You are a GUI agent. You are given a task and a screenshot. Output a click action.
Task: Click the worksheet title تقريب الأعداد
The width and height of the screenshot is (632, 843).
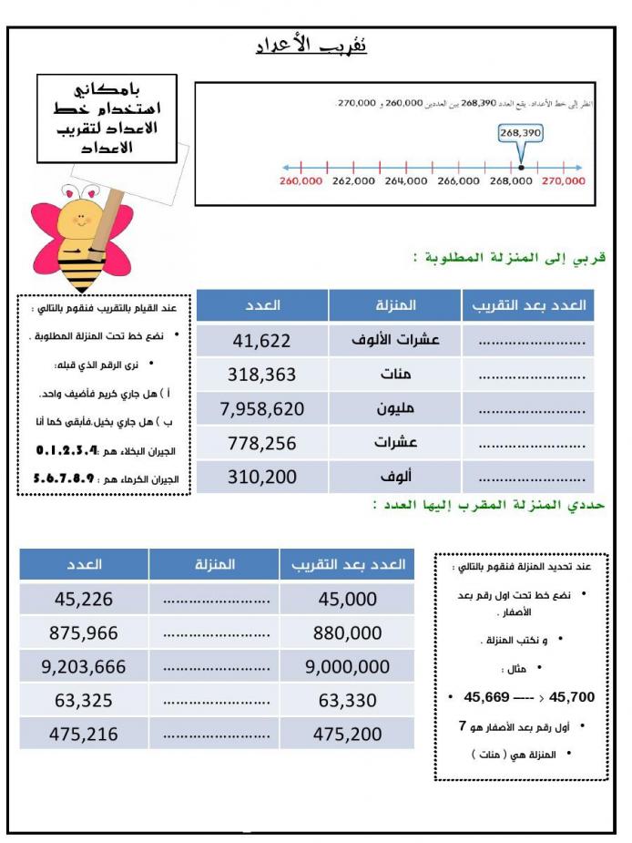click(311, 46)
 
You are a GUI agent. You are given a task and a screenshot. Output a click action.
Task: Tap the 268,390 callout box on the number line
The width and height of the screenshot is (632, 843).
click(520, 133)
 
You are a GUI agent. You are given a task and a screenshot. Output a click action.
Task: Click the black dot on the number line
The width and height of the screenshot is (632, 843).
click(520, 168)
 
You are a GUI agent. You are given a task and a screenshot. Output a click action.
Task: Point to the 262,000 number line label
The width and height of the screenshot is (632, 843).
click(353, 181)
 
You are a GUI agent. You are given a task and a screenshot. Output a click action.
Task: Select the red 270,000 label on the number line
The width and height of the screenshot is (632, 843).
click(563, 181)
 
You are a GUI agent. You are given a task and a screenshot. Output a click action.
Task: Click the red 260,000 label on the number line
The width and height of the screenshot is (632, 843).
click(301, 181)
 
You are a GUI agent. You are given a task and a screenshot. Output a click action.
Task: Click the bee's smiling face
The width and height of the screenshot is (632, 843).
click(83, 220)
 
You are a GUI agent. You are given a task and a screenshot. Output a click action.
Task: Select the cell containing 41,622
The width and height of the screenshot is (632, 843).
click(261, 341)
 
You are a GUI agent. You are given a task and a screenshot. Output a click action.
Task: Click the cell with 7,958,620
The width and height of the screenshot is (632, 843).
click(261, 409)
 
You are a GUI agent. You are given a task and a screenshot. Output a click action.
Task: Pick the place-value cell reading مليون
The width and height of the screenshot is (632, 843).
click(395, 409)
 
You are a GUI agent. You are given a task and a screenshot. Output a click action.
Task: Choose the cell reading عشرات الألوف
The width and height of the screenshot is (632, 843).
click(395, 341)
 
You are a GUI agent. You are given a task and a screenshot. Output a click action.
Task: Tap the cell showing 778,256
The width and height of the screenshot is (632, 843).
click(261, 443)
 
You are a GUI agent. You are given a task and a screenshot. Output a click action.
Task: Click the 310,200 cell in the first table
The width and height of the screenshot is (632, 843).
click(261, 477)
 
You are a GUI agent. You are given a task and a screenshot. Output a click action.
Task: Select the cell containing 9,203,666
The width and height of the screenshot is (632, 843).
click(83, 667)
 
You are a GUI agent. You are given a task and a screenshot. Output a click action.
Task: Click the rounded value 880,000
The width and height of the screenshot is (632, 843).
click(347, 633)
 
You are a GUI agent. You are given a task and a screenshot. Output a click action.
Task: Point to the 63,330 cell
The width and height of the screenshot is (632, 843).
click(347, 701)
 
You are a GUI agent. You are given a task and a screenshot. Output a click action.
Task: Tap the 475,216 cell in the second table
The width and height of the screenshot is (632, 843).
click(83, 735)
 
